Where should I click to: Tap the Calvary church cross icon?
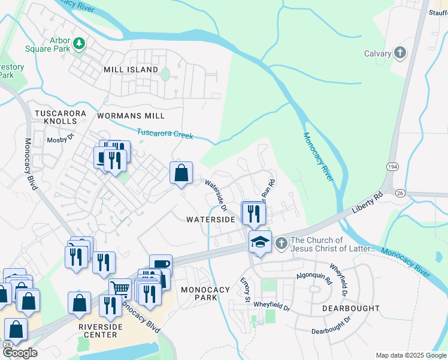coord(400,53)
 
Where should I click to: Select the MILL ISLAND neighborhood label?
coord(131,70)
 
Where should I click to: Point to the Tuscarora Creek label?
coord(165,134)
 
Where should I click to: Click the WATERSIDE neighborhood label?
coord(210,220)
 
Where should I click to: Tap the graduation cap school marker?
coord(260,242)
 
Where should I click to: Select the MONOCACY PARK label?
coord(205,293)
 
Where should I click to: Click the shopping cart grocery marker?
coord(120,289)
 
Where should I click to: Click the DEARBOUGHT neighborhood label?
coord(350,308)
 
